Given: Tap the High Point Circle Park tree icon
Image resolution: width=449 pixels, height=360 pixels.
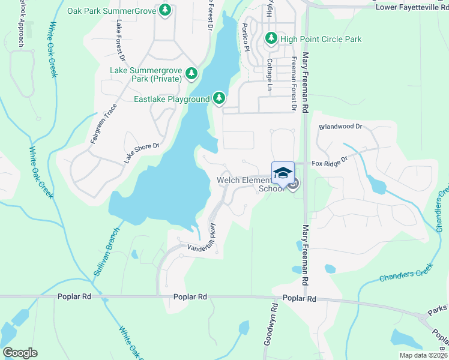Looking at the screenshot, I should coord(271,39).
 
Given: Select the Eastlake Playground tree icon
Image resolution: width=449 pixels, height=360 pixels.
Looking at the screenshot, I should coord(219,98).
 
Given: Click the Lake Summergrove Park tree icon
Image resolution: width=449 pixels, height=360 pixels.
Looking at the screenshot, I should coord(191,74).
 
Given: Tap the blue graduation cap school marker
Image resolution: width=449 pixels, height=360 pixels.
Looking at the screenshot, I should coord(283,173).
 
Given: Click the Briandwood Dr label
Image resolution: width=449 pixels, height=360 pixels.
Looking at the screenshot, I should coord(341,127).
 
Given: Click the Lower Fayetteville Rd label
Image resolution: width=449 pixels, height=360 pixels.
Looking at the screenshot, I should coord(412,7).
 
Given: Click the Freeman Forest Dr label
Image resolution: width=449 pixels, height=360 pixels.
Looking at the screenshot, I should coord(294,84).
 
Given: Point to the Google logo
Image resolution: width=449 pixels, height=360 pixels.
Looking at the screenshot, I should coord(20,353).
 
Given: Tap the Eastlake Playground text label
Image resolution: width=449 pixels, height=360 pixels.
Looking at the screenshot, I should coord(171,99).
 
